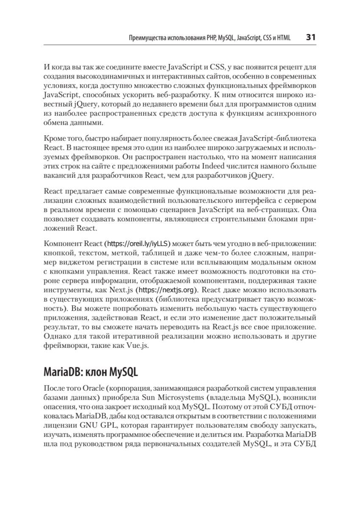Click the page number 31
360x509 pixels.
click(310, 38)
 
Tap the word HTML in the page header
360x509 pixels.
click(283, 38)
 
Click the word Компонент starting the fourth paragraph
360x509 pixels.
click(62, 244)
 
